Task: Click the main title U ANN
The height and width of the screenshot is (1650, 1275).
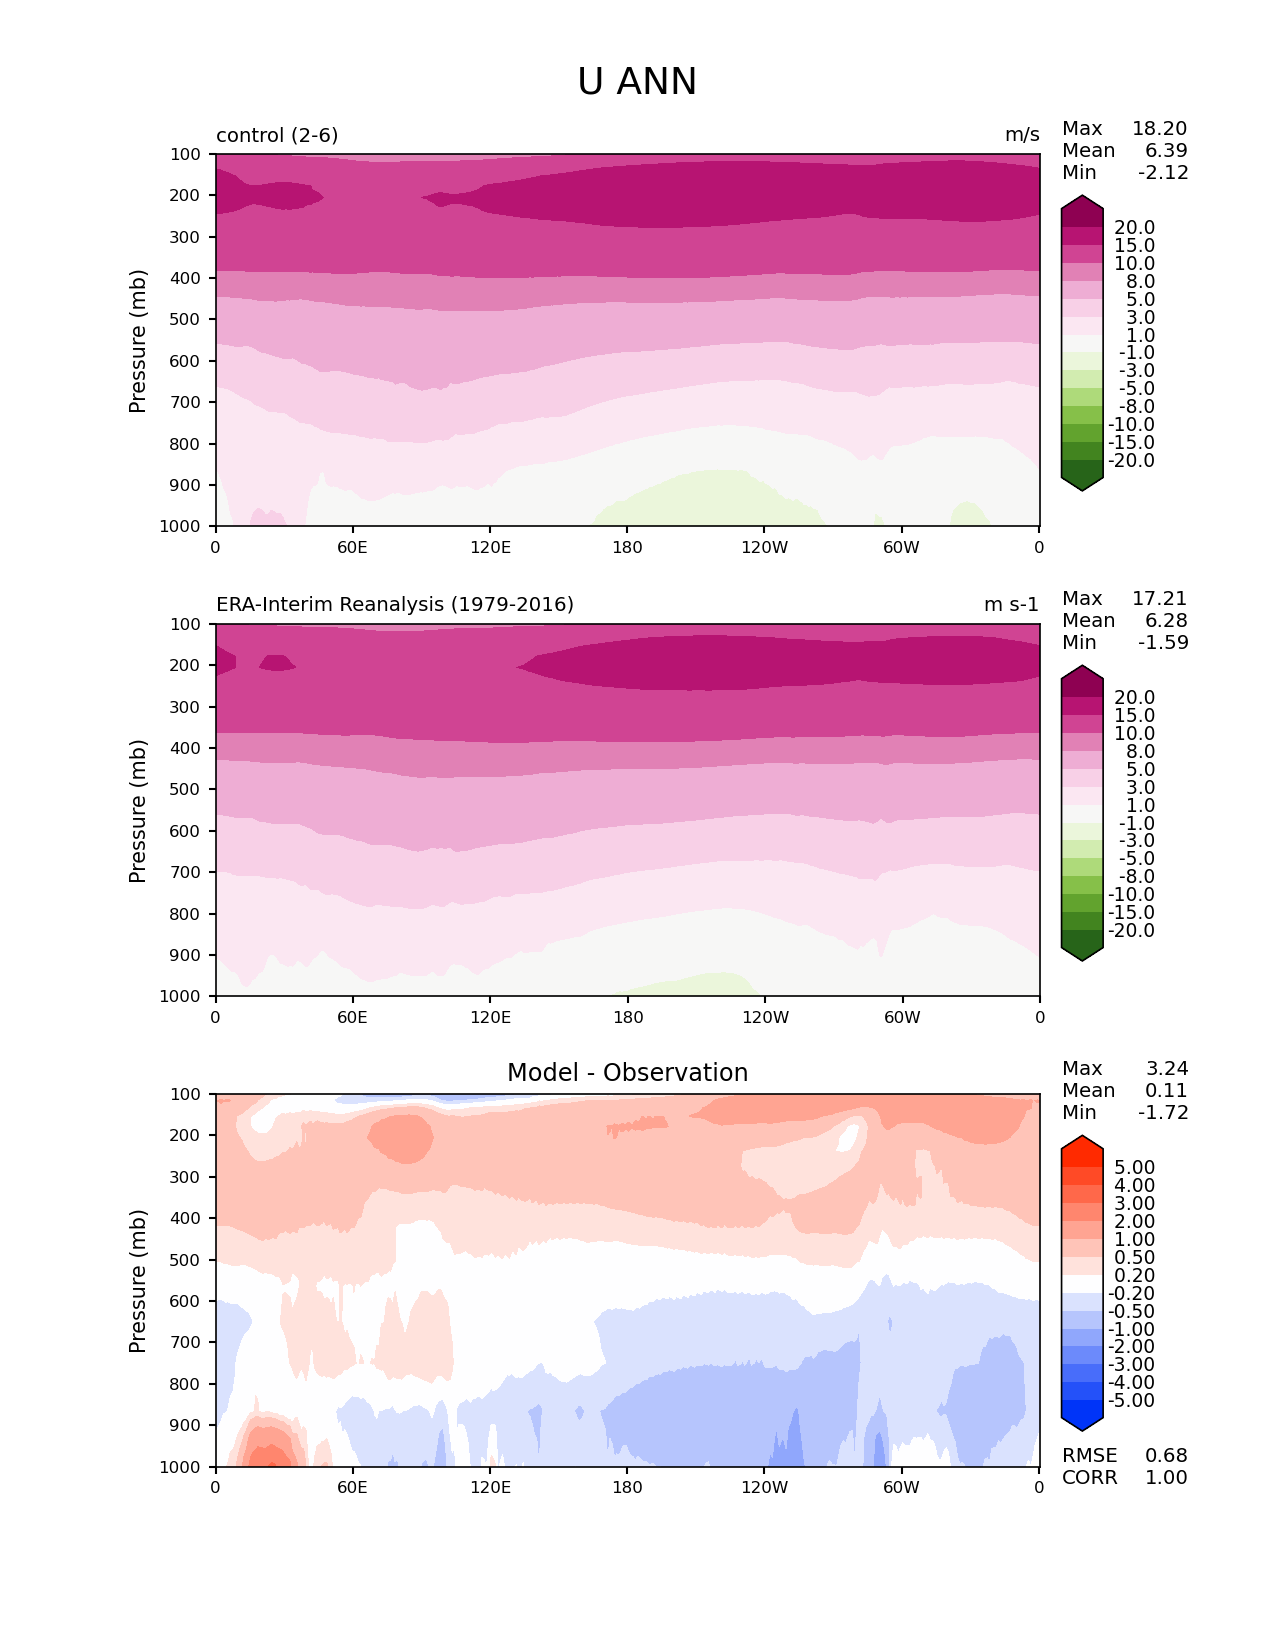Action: pos(637,82)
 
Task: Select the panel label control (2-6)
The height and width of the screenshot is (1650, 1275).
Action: pos(277,135)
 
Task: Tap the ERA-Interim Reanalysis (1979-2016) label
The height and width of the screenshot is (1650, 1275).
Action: pos(395,605)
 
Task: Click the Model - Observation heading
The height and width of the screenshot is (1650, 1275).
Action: pos(627,1073)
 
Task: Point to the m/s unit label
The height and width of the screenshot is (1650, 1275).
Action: pos(1022,135)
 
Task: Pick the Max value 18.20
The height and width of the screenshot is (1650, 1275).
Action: pos(1159,129)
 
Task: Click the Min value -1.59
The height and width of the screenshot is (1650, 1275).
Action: pos(1163,643)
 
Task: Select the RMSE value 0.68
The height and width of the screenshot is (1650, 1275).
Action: pos(1166,1456)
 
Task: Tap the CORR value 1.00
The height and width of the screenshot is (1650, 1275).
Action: pos(1166,1478)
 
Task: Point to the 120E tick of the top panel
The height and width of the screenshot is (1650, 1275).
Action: pos(490,547)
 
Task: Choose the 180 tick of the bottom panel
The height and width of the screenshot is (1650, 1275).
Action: pos(627,1487)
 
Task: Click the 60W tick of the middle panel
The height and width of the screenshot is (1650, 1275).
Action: pos(902,1017)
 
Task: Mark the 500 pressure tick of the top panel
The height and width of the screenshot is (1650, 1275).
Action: pos(187,319)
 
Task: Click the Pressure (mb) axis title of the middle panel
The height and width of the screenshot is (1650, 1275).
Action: pos(138,811)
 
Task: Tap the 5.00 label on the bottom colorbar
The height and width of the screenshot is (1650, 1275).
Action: pos(1135,1168)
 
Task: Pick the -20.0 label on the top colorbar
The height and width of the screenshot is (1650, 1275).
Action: pos(1131,461)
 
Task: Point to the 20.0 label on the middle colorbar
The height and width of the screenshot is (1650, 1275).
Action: pos(1135,698)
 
